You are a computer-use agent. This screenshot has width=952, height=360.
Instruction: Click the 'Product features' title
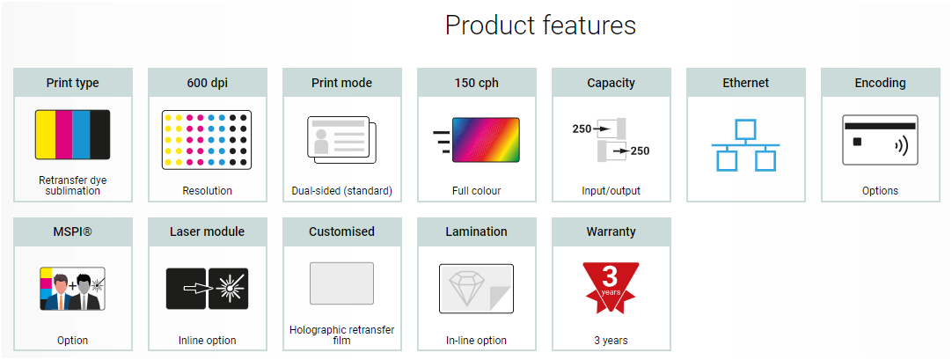tap(540, 26)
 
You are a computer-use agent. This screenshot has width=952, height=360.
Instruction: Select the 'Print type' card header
tap(73, 83)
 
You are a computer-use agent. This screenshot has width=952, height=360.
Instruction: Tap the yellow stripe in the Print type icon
tap(46, 135)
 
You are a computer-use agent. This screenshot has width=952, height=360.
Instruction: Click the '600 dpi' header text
tap(208, 83)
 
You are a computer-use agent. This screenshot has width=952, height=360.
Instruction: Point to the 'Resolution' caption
tap(208, 191)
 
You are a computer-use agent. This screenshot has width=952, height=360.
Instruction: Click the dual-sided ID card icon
tap(342, 140)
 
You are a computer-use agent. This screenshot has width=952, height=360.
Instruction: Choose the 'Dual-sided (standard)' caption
tap(342, 191)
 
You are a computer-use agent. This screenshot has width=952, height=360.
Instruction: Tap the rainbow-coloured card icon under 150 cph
tap(486, 140)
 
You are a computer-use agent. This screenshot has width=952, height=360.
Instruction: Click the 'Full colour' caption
tap(477, 191)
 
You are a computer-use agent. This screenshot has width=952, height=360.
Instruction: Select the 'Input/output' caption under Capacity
tap(611, 191)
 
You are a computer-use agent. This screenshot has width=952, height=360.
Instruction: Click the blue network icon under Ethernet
tap(745, 145)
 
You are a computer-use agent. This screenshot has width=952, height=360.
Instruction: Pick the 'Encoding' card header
tap(881, 83)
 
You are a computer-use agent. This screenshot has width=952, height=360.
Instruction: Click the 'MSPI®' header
tap(73, 231)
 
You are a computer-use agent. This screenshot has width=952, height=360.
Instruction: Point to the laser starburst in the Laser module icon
tap(228, 289)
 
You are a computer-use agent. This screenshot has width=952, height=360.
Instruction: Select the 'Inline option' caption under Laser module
tap(208, 340)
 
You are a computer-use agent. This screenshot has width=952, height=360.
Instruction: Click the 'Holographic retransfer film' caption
tap(342, 335)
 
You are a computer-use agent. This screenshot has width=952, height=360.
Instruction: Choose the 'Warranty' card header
tap(611, 231)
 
